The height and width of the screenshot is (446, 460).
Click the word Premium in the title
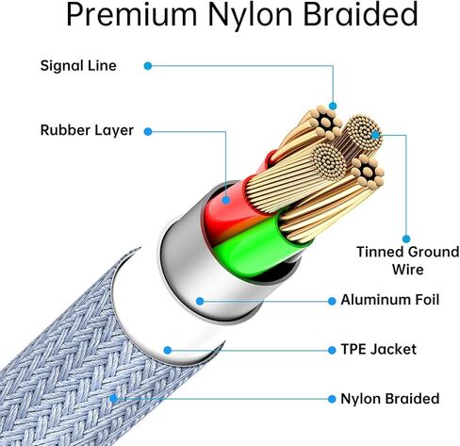pos(131,15)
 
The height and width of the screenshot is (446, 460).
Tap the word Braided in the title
pos(360,14)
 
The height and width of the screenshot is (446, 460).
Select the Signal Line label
pos(78,66)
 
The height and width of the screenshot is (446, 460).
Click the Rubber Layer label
pos(87,130)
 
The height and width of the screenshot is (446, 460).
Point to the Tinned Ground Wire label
pos(407,260)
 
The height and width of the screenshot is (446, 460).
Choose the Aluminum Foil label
pos(390,300)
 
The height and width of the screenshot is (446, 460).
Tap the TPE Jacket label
pos(379,350)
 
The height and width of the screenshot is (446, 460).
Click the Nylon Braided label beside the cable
pos(390,399)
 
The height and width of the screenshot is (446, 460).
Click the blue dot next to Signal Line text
pos(148,66)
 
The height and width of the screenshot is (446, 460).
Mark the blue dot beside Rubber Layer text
pos(148,131)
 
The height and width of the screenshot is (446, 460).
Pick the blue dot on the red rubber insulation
pos(225,200)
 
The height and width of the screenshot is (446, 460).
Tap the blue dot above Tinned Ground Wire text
pos(406,240)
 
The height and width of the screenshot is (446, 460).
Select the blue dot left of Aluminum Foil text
pos(332,301)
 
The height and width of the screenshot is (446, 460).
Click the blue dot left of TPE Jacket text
pos(332,350)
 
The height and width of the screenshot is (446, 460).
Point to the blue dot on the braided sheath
pos(113,399)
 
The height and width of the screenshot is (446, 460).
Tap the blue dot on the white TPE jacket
pos(168,350)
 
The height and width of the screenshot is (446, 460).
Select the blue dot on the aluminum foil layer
pos(200,301)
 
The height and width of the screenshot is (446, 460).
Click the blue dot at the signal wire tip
pos(333,106)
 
